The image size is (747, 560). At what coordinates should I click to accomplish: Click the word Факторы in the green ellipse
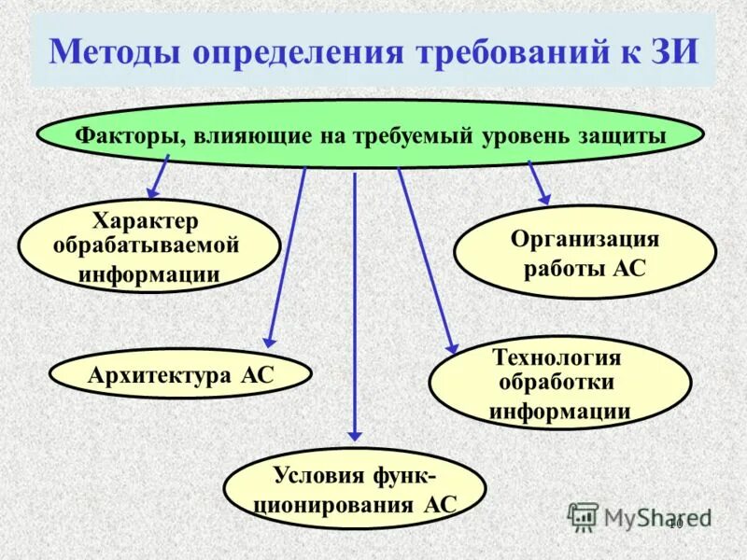click(130, 135)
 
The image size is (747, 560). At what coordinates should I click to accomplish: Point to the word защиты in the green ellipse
click(621, 135)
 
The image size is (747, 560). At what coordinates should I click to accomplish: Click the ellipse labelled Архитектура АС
click(180, 375)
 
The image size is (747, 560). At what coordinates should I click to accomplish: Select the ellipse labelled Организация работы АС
click(585, 253)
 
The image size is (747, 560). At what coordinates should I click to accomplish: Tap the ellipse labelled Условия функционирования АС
click(354, 491)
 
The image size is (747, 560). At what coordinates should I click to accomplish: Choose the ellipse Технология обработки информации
click(559, 384)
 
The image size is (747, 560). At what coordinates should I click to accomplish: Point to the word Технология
click(557, 357)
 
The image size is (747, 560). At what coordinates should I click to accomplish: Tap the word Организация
click(585, 239)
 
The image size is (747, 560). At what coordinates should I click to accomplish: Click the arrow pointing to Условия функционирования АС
click(355, 308)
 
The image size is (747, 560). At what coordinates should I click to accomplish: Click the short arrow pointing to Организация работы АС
click(539, 182)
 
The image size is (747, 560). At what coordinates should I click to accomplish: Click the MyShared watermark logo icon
click(583, 516)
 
